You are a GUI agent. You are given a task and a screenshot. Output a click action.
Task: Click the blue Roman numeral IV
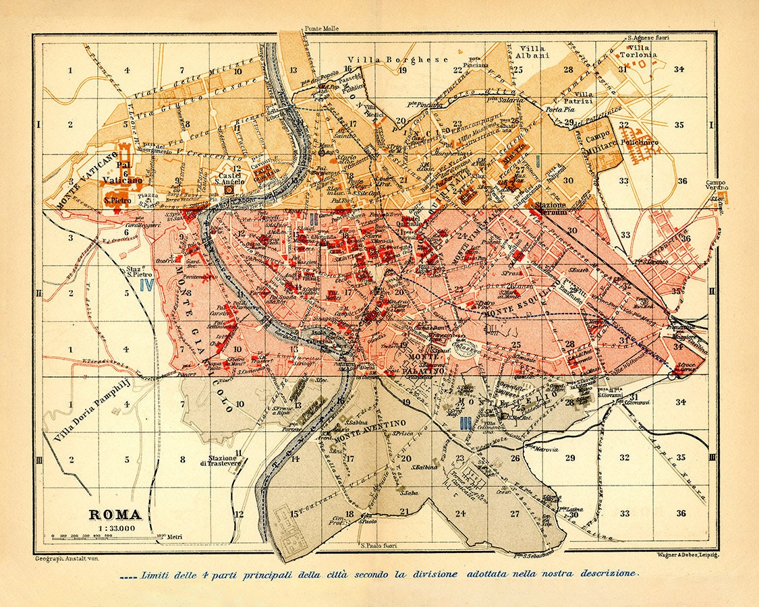click(x=146, y=285)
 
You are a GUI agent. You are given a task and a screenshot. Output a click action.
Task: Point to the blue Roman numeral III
click(x=464, y=424)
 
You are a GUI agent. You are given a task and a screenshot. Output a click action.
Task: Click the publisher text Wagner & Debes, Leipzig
click(x=686, y=554)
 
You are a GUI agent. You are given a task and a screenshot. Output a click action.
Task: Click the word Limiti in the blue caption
click(x=157, y=574)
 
